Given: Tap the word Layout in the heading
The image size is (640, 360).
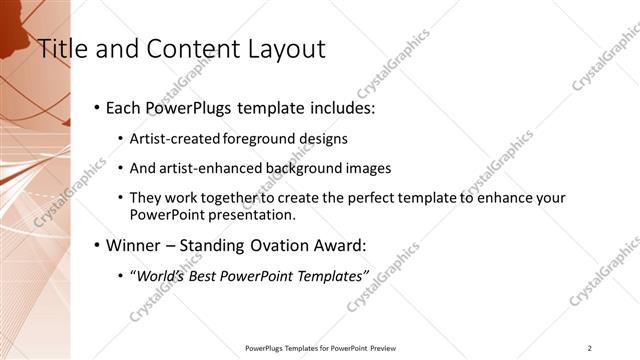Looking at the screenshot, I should [x=276, y=48].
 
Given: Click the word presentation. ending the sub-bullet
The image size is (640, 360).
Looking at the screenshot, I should [x=255, y=215].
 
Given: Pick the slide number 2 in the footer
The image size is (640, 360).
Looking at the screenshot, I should [x=590, y=348].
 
